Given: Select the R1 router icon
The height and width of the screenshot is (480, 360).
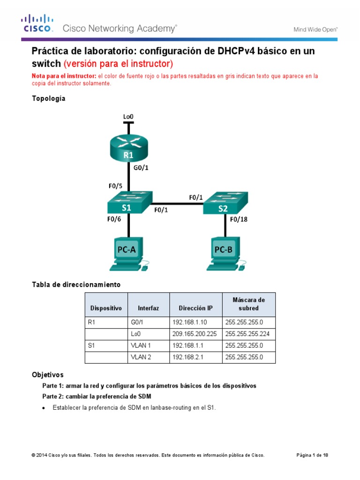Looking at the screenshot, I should [128, 149].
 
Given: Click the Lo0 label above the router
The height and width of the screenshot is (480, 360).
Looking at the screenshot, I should [128, 116].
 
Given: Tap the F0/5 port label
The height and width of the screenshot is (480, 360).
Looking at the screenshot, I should [116, 186].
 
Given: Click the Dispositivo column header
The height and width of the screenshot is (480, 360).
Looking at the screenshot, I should [106, 308].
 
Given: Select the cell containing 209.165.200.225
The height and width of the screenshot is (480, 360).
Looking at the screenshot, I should [195, 334].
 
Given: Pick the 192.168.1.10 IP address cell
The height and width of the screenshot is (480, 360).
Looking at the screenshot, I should [195, 322].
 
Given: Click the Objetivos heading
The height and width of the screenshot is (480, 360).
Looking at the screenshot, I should [47, 375].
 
